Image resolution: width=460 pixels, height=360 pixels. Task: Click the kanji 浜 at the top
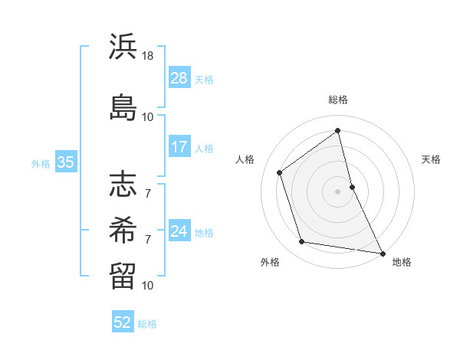click(x=123, y=48)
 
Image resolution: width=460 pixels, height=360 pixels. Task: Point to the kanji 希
click(x=123, y=229)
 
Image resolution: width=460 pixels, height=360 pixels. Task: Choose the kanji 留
click(x=123, y=273)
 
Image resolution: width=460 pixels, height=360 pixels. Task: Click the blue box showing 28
click(x=179, y=78)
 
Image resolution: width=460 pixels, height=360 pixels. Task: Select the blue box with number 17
click(x=179, y=147)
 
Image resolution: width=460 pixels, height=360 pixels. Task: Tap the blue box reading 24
click(x=179, y=231)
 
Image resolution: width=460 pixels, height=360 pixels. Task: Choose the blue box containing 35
click(x=65, y=162)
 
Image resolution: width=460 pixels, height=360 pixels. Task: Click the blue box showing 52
click(x=123, y=322)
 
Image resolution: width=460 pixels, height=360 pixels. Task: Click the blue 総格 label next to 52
click(x=147, y=323)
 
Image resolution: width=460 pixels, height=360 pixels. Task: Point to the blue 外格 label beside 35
click(x=41, y=163)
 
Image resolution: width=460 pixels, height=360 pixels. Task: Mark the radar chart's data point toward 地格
click(x=382, y=253)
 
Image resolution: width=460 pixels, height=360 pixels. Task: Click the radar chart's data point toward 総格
click(x=337, y=130)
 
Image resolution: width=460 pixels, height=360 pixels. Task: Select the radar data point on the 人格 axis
click(x=280, y=172)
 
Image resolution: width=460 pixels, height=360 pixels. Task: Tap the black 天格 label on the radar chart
click(x=431, y=159)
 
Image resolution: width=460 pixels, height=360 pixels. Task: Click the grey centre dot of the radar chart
click(x=337, y=191)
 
